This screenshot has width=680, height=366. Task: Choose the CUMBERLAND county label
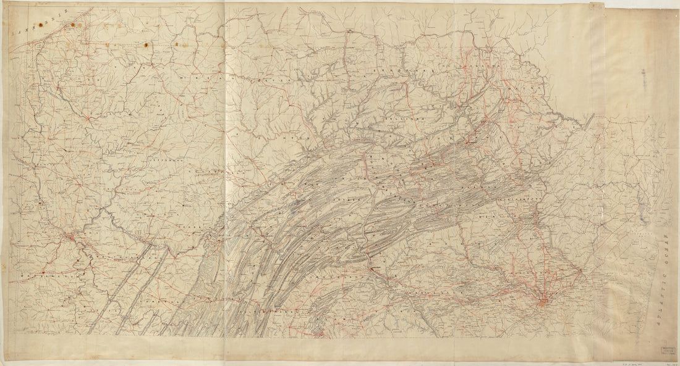point(346,278)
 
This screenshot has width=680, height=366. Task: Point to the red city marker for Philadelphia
point(543,301)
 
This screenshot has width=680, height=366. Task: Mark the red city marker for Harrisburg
point(374,268)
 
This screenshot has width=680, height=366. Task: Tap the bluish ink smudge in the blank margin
point(644,80)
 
